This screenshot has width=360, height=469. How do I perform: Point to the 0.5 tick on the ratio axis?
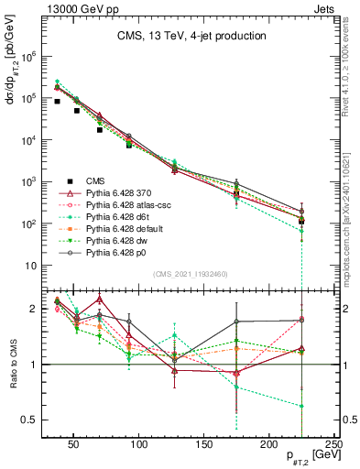click(x=34, y=420)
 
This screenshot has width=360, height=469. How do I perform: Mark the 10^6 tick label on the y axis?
click(x=30, y=56)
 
